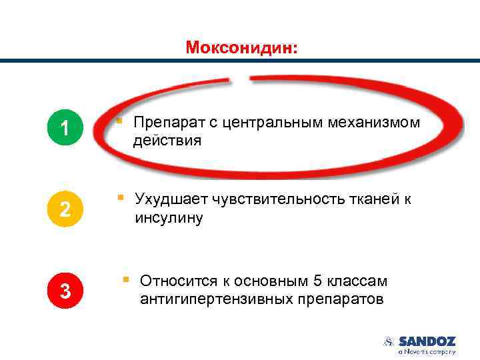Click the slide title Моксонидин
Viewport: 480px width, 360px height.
243,47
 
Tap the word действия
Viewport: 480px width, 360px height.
167,141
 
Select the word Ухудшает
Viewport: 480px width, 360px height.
171,199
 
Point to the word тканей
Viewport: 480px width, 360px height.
379,199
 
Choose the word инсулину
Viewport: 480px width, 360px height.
168,218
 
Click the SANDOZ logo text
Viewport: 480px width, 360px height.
427,341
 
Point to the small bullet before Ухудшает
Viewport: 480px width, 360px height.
121,197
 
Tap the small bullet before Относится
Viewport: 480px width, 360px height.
125,279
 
